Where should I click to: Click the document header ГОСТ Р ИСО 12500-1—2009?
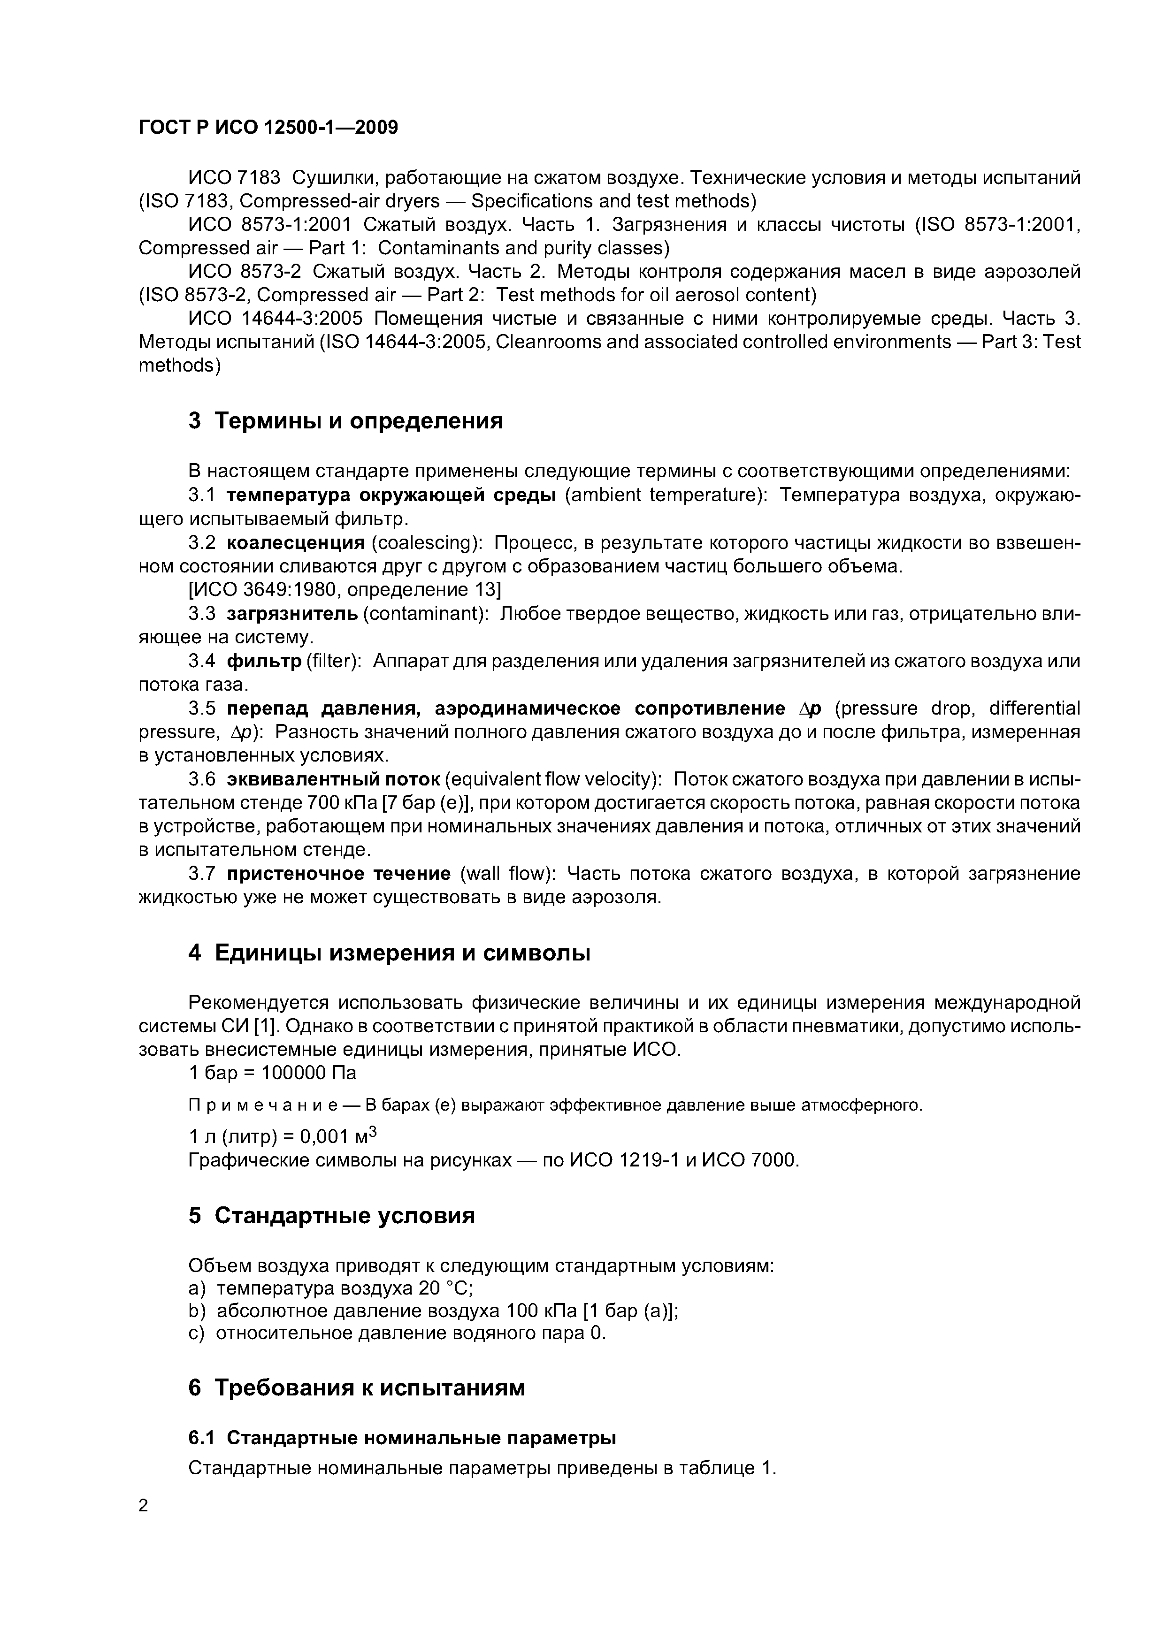pyautogui.click(x=268, y=128)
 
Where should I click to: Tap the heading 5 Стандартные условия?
pyautogui.click(x=331, y=1216)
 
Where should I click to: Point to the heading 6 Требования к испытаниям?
pyautogui.click(x=356, y=1388)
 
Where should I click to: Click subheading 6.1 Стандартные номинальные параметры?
pyautogui.click(x=402, y=1438)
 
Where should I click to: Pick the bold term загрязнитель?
pyautogui.click(x=292, y=614)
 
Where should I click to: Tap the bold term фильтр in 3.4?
pyautogui.click(x=264, y=661)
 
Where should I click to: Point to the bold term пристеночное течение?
pyautogui.click(x=338, y=874)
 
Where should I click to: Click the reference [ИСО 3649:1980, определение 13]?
pyautogui.click(x=344, y=590)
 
